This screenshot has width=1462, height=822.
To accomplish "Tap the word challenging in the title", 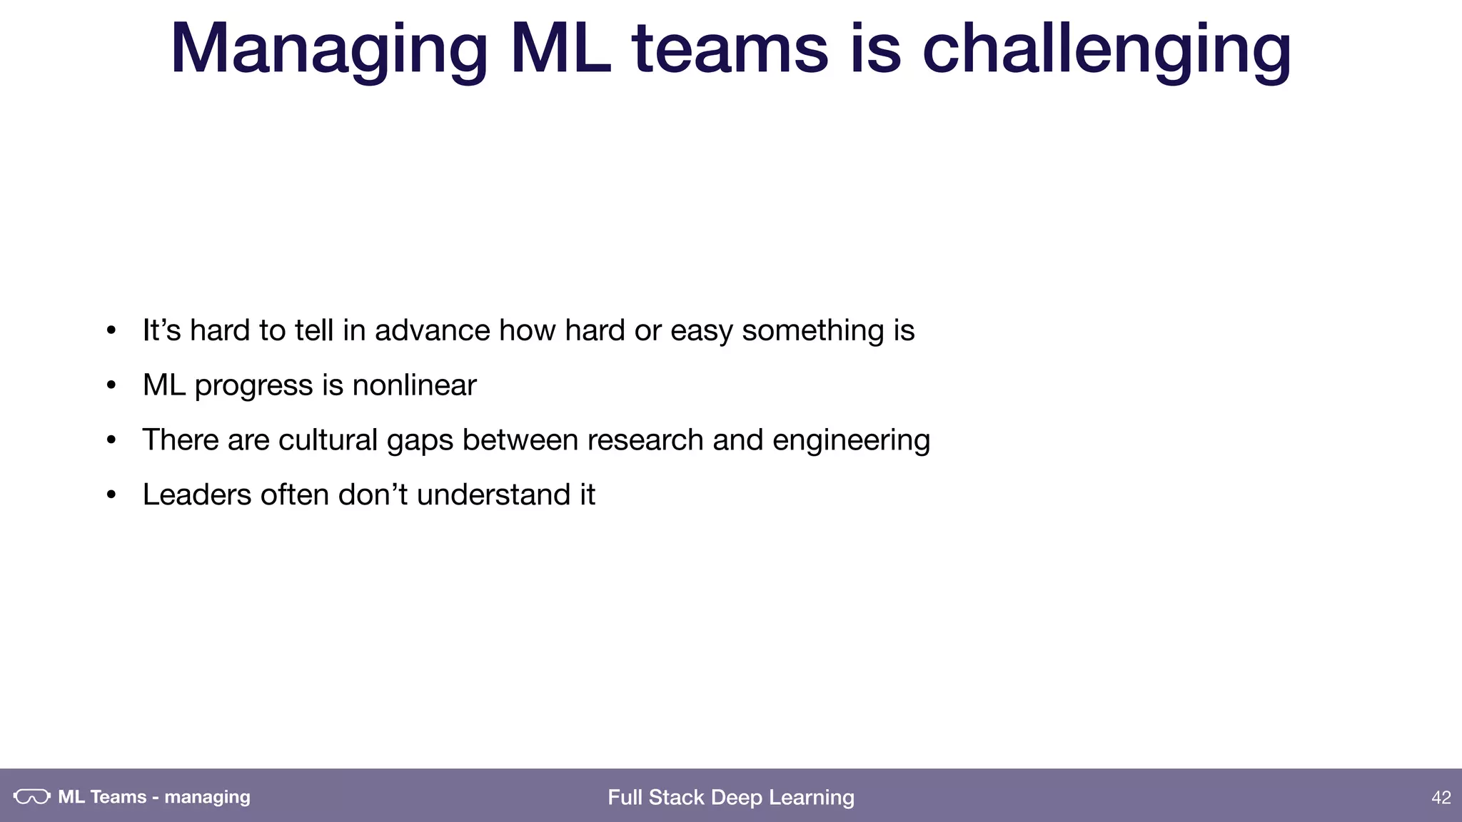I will pyautogui.click(x=1106, y=50).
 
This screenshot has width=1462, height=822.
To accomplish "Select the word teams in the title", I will pyautogui.click(x=730, y=50).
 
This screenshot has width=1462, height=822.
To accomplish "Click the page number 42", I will pyautogui.click(x=1441, y=797).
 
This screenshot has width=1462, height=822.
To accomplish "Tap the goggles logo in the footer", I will pyautogui.click(x=32, y=796).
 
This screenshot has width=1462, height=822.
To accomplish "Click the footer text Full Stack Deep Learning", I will pyautogui.click(x=730, y=797).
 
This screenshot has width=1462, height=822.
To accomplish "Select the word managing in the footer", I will pyautogui.click(x=207, y=797).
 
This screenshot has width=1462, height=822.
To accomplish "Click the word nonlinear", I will pyautogui.click(x=414, y=385).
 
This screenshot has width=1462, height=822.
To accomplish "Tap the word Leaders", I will pyautogui.click(x=196, y=494).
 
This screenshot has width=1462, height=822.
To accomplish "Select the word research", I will pyautogui.click(x=645, y=440).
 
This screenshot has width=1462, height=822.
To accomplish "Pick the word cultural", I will pyautogui.click(x=328, y=440).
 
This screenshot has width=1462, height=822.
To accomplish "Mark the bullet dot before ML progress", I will pyautogui.click(x=111, y=385).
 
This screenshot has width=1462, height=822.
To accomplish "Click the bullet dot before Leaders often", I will pyautogui.click(x=111, y=495).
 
